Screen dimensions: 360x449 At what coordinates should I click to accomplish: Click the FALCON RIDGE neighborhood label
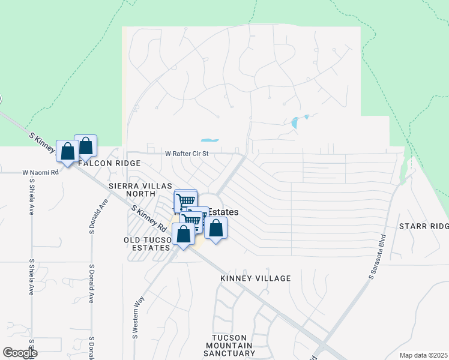pos(108,163)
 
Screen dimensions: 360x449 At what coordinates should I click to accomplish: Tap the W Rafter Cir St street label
pos(187,154)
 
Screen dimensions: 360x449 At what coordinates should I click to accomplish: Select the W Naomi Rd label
pos(41,172)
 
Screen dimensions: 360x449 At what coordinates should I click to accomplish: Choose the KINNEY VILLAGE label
pos(255,278)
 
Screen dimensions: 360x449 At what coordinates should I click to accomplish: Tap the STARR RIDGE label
pos(424,226)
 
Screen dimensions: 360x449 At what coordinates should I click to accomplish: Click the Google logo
pos(19,353)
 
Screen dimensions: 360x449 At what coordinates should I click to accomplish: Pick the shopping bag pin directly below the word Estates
pos(216,228)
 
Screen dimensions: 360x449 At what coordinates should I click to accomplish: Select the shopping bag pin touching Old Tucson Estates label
pos(182,235)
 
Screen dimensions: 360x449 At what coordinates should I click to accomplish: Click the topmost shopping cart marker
pos(185,199)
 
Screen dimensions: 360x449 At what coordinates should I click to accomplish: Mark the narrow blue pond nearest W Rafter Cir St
pos(209,141)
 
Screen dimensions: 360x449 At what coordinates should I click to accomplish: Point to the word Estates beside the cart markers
pos(223,212)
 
